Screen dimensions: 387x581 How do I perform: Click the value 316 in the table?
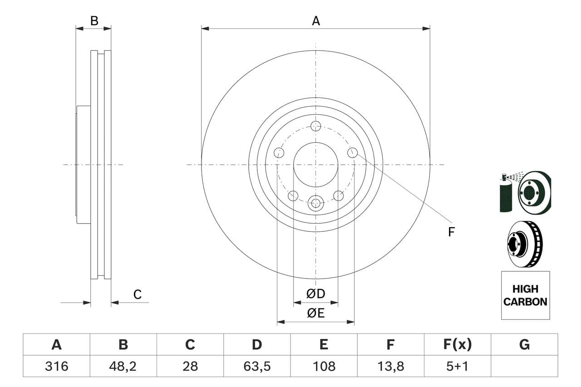click(56, 366)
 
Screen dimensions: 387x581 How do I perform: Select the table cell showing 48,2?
click(123, 366)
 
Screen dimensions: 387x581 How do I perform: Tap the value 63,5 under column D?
click(257, 366)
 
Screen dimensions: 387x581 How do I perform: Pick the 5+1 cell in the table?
click(457, 366)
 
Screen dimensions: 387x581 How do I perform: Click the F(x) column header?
click(457, 345)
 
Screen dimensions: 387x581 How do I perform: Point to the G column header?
click(524, 345)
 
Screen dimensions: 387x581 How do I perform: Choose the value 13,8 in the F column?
click(390, 366)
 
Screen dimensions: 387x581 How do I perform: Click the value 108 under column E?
click(324, 366)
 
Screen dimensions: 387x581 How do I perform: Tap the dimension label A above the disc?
click(316, 21)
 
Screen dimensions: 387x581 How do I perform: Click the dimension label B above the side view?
click(94, 21)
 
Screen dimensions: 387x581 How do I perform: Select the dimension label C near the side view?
click(138, 295)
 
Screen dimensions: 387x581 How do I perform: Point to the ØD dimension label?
click(316, 294)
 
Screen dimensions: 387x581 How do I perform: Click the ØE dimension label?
click(316, 314)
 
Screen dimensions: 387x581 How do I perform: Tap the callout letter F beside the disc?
click(451, 232)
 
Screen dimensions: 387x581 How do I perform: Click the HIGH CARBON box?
click(525, 295)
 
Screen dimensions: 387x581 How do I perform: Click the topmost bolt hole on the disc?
click(316, 126)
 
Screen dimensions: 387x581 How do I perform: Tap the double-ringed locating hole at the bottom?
click(316, 203)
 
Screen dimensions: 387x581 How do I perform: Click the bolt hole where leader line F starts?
click(353, 153)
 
